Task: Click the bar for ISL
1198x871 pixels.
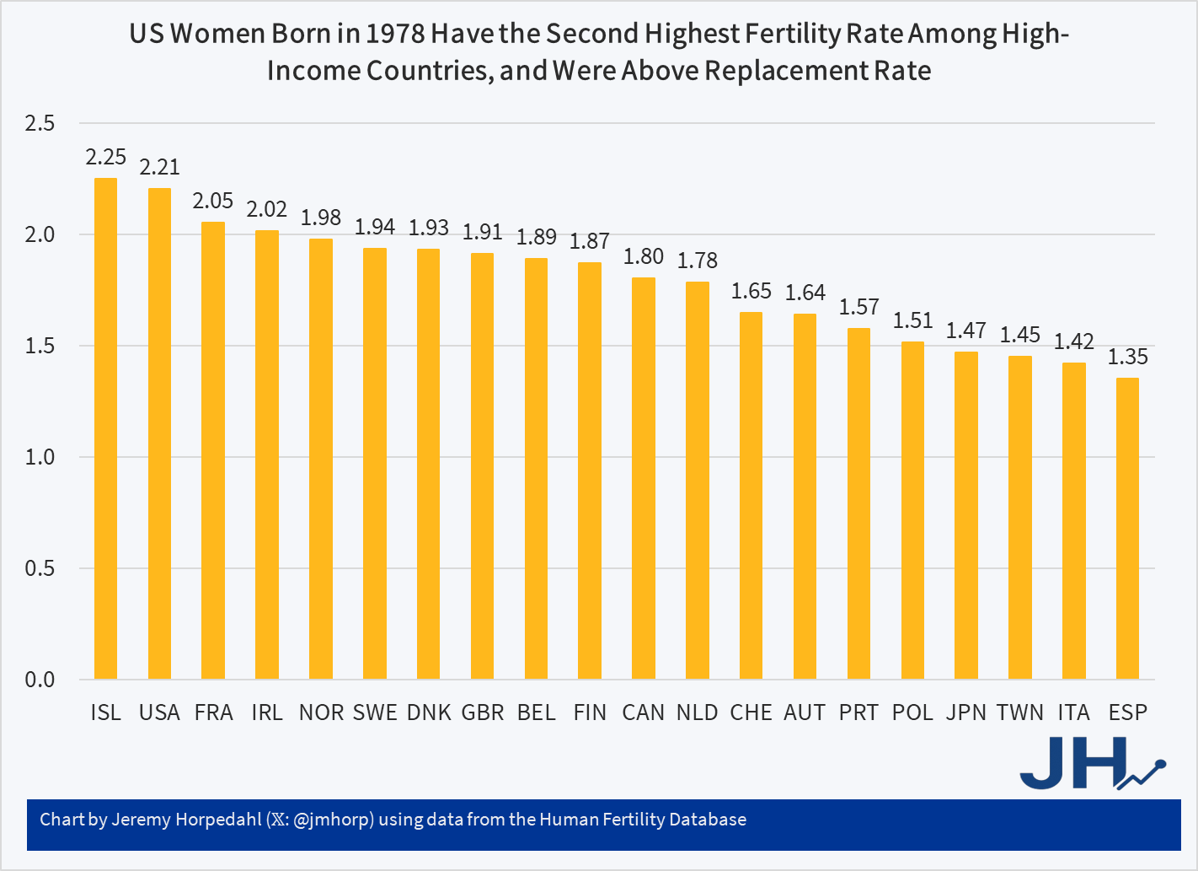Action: [x=105, y=428]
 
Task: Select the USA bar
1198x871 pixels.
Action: [x=159, y=433]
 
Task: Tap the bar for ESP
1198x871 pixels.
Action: [x=1127, y=529]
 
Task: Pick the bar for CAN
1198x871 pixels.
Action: [x=644, y=478]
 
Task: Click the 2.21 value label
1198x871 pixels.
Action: [x=159, y=167]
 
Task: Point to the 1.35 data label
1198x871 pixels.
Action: [x=1127, y=357]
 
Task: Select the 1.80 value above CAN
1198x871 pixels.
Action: [x=644, y=256]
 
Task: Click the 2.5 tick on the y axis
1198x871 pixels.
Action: [x=40, y=124]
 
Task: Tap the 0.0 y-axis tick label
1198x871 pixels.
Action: [x=40, y=680]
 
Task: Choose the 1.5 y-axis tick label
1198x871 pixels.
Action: [x=40, y=346]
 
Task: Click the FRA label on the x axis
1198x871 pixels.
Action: [x=213, y=712]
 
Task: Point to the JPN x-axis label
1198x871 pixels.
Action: [x=965, y=712]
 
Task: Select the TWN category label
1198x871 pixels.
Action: [x=1019, y=712]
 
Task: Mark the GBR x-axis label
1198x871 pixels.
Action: [x=483, y=712]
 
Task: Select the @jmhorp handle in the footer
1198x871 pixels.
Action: [x=334, y=820]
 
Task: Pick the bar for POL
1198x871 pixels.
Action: [x=912, y=510]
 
